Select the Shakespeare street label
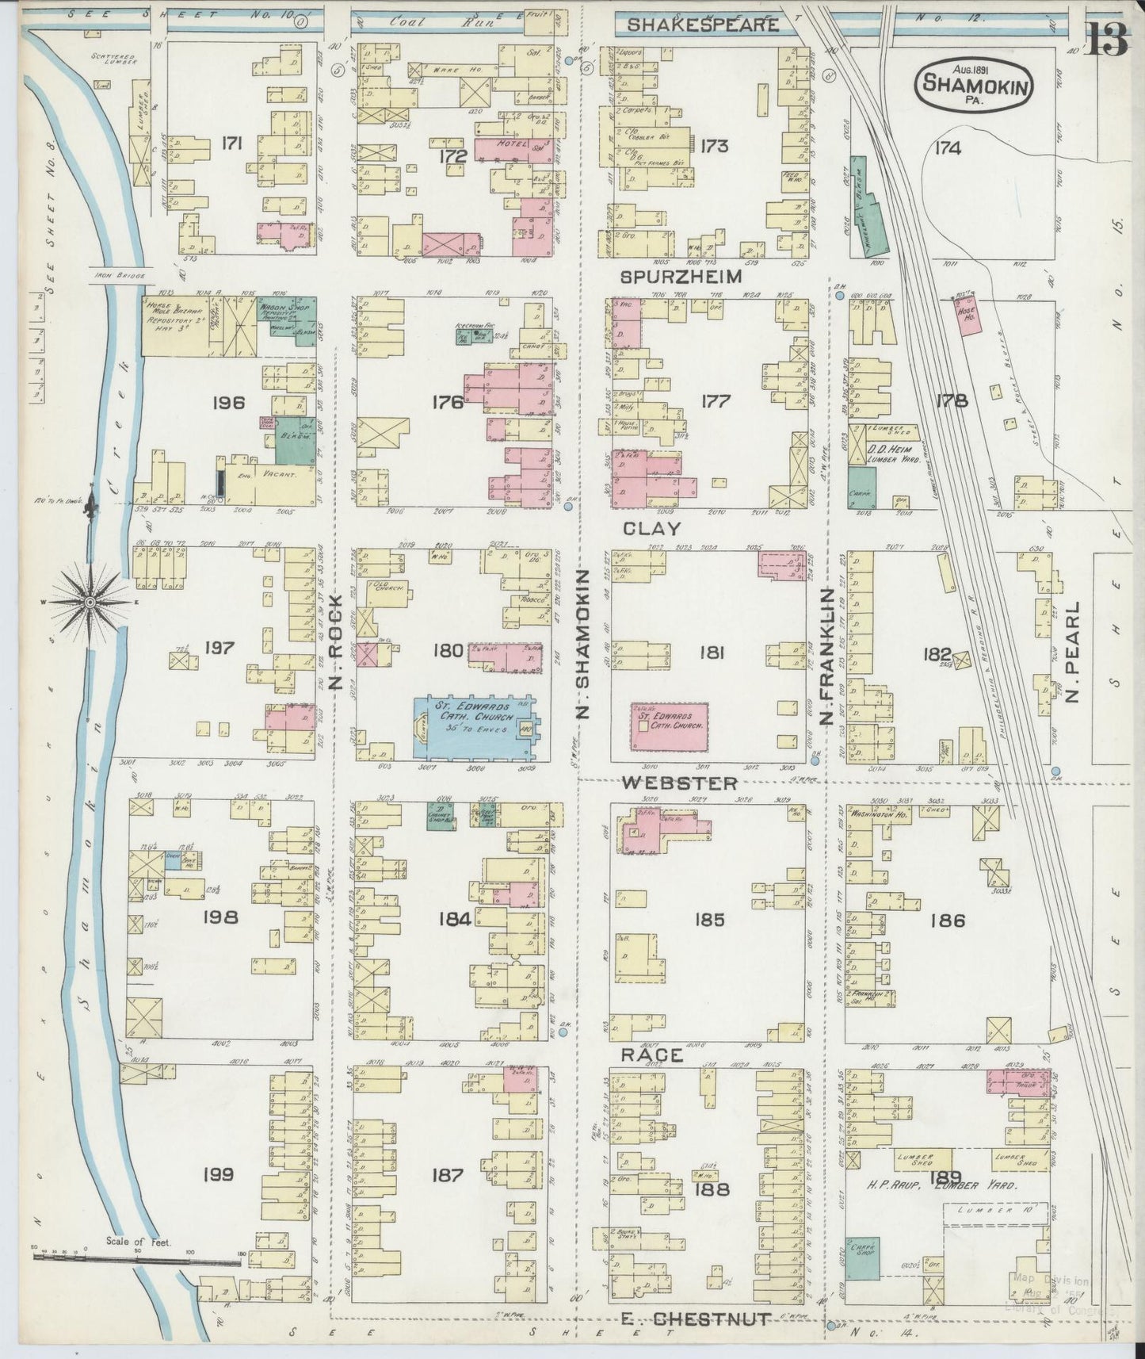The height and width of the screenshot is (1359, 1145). click(702, 25)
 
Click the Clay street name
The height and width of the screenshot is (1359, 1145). click(651, 527)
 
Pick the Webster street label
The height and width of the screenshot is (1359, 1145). click(679, 783)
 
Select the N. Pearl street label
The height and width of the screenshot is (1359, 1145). click(1073, 651)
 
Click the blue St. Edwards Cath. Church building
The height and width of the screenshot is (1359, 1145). click(474, 727)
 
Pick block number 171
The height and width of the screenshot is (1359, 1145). click(232, 144)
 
